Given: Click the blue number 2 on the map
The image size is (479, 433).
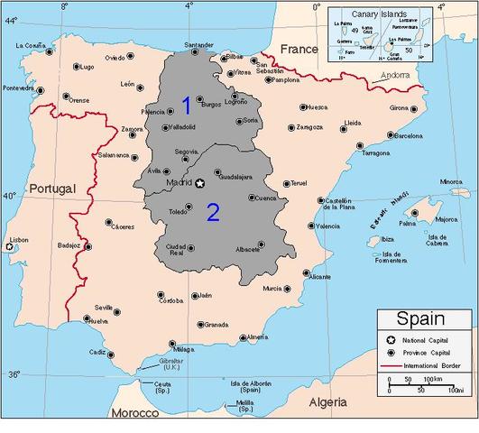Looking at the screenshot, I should pyautogui.click(x=214, y=212).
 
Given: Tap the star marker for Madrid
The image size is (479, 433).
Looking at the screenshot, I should pyautogui.click(x=201, y=183).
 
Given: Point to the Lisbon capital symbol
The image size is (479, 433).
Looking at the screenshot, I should pyautogui.click(x=10, y=245).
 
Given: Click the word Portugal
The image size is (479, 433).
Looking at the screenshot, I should pyautogui.click(x=51, y=188).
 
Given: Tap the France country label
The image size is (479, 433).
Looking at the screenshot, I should pyautogui.click(x=299, y=48).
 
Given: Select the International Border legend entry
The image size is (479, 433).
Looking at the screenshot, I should pyautogui.click(x=432, y=367).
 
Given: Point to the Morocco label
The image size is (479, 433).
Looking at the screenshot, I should pyautogui.click(x=134, y=413).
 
